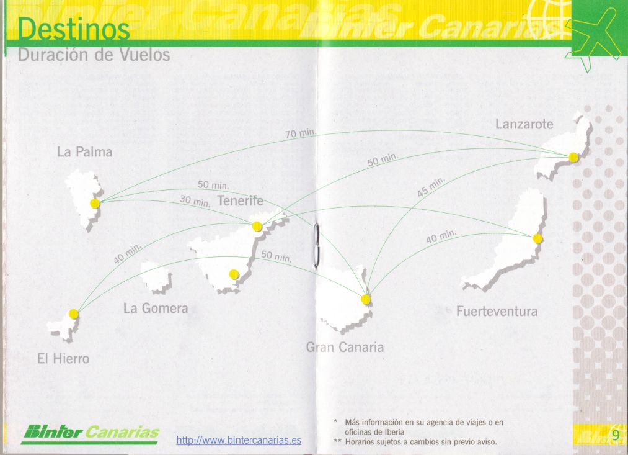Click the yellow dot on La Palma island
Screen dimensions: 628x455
tap(95, 203)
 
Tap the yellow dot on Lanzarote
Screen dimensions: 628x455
tap(573, 157)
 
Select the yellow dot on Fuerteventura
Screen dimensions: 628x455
tap(537, 238)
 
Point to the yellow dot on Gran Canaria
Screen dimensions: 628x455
tap(366, 299)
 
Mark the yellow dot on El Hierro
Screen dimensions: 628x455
tap(74, 314)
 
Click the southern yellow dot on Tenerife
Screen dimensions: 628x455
tap(234, 274)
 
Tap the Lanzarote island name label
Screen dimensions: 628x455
tap(524, 124)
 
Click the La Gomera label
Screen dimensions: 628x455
tap(156, 309)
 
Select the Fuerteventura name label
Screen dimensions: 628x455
tap(497, 311)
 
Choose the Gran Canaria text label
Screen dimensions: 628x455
tap(345, 348)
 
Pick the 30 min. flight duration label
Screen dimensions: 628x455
tap(195, 200)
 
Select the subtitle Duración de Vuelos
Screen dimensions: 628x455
tap(94, 55)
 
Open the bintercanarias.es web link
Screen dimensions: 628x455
tap(239, 440)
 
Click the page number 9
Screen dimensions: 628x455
tap(615, 435)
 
